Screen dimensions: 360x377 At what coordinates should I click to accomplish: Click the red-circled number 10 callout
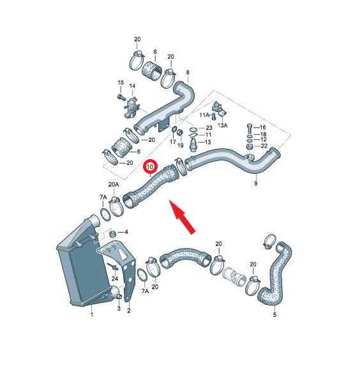pyautogui.click(x=150, y=167)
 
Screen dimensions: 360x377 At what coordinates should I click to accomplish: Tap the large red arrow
pyautogui.click(x=183, y=217)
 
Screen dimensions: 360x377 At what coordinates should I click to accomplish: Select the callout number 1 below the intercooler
pyautogui.click(x=91, y=314)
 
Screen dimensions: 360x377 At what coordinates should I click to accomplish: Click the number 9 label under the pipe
pyautogui.click(x=256, y=183)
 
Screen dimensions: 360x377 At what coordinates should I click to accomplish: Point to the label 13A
pyautogui.click(x=222, y=125)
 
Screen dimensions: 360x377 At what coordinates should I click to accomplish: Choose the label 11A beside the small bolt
pyautogui.click(x=204, y=115)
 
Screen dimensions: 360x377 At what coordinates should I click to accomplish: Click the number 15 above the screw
pyautogui.click(x=121, y=82)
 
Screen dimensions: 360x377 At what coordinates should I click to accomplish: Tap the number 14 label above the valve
pyautogui.click(x=132, y=86)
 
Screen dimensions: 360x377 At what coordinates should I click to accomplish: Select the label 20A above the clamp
pyautogui.click(x=114, y=185)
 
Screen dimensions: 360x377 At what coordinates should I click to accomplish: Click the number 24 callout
pyautogui.click(x=115, y=279)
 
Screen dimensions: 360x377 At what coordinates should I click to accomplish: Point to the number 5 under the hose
pyautogui.click(x=274, y=314)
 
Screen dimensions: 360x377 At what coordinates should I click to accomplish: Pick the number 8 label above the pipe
pyautogui.click(x=188, y=72)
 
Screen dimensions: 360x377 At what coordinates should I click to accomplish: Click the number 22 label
pyautogui.click(x=264, y=146)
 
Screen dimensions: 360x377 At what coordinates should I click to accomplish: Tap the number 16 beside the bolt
pyautogui.click(x=263, y=127)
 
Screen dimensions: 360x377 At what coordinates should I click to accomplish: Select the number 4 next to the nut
pyautogui.click(x=126, y=232)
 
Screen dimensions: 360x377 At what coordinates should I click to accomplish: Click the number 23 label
pyautogui.click(x=209, y=128)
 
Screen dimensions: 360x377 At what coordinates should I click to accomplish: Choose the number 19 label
pyautogui.click(x=181, y=145)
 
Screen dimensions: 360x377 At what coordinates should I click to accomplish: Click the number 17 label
pyautogui.click(x=173, y=142)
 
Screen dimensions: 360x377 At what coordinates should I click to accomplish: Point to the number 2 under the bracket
pyautogui.click(x=129, y=311)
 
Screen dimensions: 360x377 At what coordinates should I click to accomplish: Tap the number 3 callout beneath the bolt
pyautogui.click(x=119, y=308)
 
